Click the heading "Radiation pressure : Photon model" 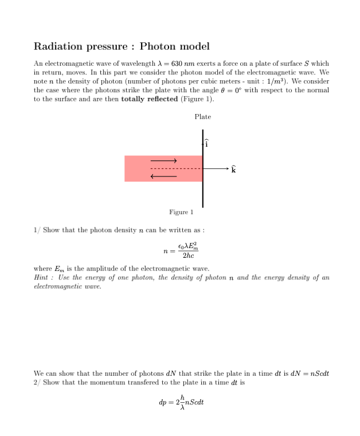[x=122, y=46]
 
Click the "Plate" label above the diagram [x=202, y=117]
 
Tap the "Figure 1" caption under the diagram [x=181, y=212]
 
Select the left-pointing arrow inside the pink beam [x=163, y=176]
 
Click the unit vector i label [x=207, y=144]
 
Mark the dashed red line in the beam [x=175, y=169]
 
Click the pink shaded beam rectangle [x=138, y=168]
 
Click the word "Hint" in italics [x=41, y=278]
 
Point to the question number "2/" [x=37, y=382]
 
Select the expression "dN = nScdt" [x=309, y=374]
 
